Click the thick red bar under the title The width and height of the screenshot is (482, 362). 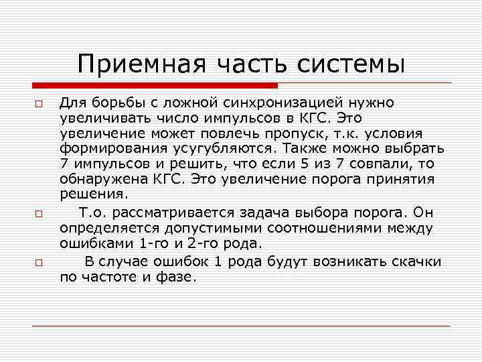[x=155, y=86]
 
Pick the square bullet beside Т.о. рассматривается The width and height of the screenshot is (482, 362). [x=39, y=215]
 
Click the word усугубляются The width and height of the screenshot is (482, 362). [x=234, y=148]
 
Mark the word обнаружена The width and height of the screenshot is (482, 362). [x=97, y=179]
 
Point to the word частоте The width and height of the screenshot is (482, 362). [x=115, y=276]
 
